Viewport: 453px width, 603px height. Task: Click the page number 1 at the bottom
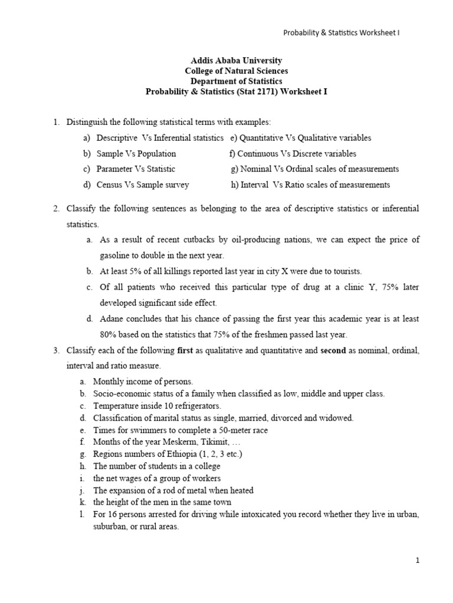[417, 561]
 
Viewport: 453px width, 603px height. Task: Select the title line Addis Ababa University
[228, 61]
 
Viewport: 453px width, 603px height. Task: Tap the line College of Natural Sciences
[228, 71]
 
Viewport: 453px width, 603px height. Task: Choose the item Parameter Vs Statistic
[136, 169]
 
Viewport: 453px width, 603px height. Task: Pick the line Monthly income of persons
[143, 382]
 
